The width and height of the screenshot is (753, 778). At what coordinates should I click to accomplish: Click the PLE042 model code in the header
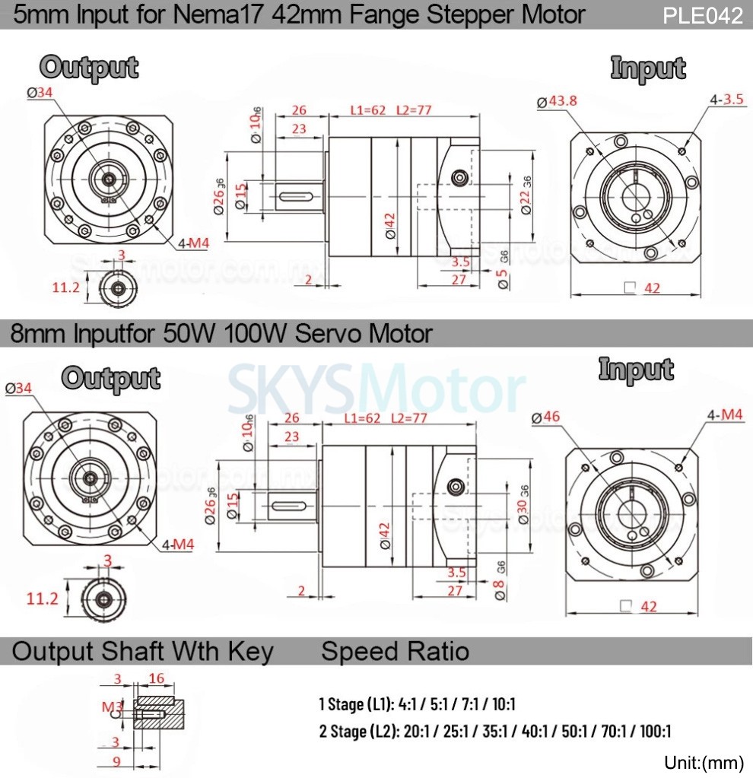(x=702, y=15)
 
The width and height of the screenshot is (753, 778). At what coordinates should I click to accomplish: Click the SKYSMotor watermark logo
(x=376, y=391)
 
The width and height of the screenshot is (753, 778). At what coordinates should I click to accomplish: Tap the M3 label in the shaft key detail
(x=111, y=707)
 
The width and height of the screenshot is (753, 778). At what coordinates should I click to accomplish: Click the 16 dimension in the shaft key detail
(x=156, y=678)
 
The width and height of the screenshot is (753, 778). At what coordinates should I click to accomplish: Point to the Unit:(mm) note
(x=704, y=762)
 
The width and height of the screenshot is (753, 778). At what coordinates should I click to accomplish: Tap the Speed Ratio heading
(x=395, y=651)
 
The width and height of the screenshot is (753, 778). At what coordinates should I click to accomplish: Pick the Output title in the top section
(x=89, y=68)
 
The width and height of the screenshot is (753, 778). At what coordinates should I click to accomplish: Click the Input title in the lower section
(x=636, y=369)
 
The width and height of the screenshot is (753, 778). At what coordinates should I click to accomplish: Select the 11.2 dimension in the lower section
(x=43, y=598)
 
